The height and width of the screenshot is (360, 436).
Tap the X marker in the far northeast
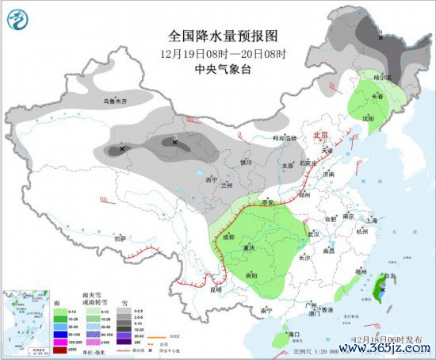coord(381,37)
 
